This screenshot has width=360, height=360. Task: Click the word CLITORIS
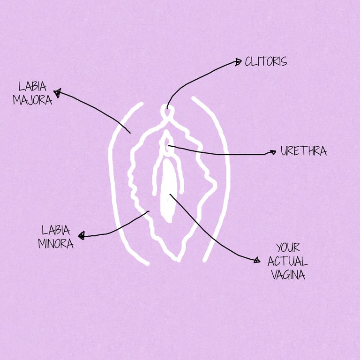[x=266, y=62]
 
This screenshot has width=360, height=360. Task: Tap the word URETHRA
[x=303, y=151]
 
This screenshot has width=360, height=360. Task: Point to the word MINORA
[x=55, y=244]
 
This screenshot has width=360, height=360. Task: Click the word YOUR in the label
[x=288, y=247]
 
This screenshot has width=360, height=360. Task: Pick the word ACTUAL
[x=288, y=261]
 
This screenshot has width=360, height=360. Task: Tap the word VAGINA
[x=288, y=275]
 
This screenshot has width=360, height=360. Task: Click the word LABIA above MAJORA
[x=31, y=86]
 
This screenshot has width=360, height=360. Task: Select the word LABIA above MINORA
[x=56, y=230]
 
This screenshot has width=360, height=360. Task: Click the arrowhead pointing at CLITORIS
[x=238, y=61]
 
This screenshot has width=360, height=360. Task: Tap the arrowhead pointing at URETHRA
[x=272, y=152]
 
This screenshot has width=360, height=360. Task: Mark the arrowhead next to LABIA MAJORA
[x=58, y=93]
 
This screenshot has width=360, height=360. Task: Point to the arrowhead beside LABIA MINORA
[x=82, y=236]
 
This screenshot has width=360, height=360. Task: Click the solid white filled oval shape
[x=166, y=187]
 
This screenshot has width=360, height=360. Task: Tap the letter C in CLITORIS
[x=248, y=62]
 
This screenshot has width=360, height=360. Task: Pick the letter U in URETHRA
[x=284, y=151]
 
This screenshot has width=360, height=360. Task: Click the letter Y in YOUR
[x=278, y=247]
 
